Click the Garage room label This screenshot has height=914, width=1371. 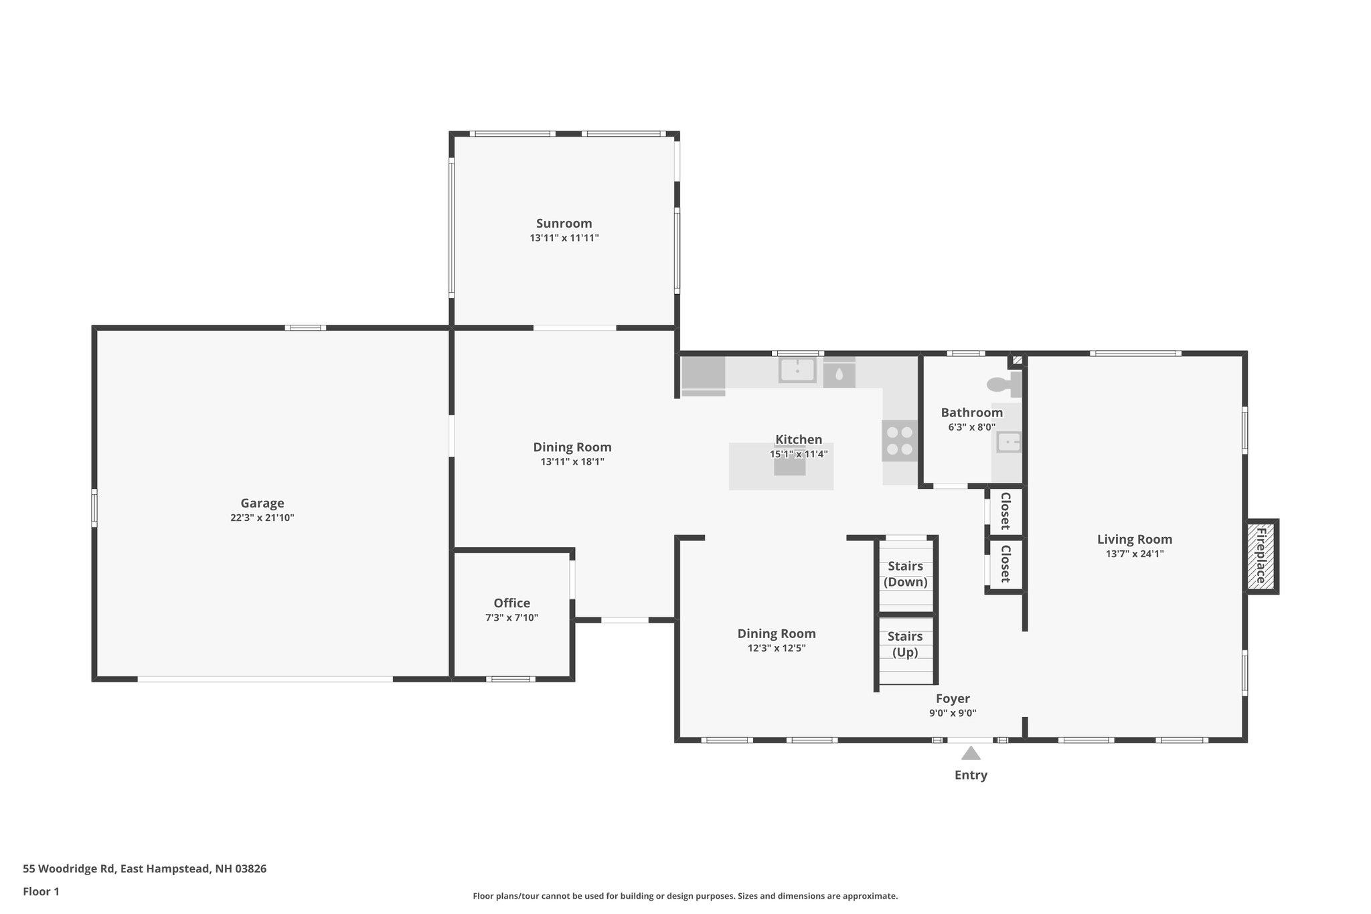(262, 503)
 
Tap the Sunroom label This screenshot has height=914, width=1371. (564, 223)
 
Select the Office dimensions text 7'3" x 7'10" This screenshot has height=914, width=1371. (511, 617)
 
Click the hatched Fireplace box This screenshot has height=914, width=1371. (1262, 556)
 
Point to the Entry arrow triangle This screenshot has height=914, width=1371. (971, 753)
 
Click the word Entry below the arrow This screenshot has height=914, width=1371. (971, 775)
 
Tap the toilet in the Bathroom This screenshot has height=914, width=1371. (1004, 384)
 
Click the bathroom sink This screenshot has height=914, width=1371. (1009, 442)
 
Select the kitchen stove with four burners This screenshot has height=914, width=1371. (899, 441)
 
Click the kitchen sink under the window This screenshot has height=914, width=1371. (797, 370)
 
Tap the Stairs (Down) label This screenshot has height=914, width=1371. (905, 574)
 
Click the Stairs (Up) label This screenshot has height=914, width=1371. (905, 644)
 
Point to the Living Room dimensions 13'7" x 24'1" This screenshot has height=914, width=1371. (1135, 554)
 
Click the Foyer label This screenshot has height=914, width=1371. (953, 699)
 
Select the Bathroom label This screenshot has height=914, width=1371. (971, 412)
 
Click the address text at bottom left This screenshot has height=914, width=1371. (145, 868)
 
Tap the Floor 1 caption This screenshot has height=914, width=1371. (41, 891)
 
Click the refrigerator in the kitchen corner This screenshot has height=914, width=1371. (703, 376)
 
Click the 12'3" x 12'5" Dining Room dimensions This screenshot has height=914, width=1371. (777, 648)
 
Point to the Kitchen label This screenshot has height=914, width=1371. (799, 439)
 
